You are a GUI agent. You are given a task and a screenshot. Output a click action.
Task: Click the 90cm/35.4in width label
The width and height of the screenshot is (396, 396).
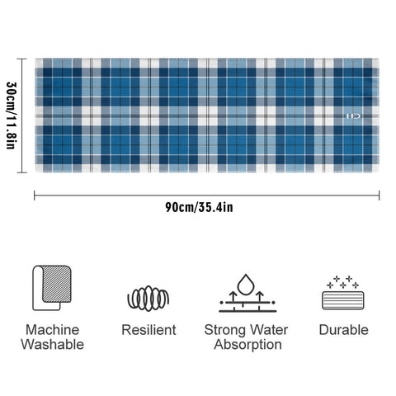click(x=199, y=207)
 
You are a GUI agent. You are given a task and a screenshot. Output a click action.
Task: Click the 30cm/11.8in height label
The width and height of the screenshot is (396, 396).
click(x=12, y=115)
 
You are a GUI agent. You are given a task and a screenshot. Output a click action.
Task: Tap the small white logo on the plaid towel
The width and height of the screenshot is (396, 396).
click(x=353, y=116)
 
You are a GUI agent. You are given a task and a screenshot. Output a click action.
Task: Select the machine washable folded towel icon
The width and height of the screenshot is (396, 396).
click(x=52, y=288)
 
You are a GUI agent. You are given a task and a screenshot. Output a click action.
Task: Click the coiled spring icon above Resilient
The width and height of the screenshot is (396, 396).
click(x=148, y=299)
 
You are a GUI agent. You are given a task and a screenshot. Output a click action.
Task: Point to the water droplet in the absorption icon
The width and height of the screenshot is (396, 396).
click(x=246, y=285)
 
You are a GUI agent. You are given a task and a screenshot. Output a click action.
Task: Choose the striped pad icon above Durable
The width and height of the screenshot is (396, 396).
click(x=343, y=300)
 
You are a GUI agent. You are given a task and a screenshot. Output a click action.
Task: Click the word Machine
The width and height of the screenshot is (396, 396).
click(x=53, y=330)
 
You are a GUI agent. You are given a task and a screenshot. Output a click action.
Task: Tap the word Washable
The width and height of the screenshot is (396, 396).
click(x=53, y=344)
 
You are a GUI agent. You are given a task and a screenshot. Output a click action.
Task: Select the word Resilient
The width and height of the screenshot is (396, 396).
click(x=148, y=330)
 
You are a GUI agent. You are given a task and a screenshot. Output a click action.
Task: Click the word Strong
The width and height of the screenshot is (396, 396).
click(x=224, y=330)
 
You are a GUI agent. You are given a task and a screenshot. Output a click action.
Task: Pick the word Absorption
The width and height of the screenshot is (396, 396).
click(x=247, y=345)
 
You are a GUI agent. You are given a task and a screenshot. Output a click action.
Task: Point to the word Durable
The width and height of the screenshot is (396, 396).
click(x=344, y=330)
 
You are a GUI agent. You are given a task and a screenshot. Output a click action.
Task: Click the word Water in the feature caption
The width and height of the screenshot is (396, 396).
click(x=268, y=330)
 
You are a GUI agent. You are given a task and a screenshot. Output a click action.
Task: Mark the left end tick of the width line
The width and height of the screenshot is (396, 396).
click(x=35, y=196)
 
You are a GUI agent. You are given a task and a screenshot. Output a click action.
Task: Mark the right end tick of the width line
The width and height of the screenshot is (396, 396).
click(x=379, y=196)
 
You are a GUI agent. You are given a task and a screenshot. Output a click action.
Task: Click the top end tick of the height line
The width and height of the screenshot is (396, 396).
click(x=22, y=59)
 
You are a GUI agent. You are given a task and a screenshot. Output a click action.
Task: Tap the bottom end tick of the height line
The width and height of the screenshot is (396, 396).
click(x=22, y=172)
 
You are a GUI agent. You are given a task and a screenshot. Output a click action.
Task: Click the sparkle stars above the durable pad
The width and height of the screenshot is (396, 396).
click(x=342, y=282)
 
